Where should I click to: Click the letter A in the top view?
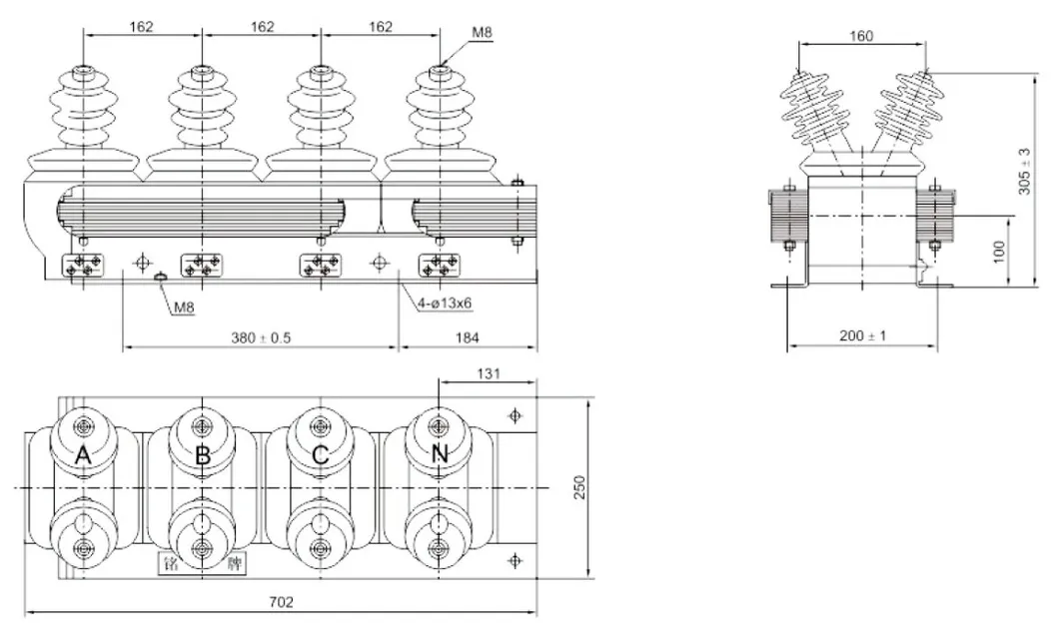tap(84, 456)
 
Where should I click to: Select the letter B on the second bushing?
tap(203, 456)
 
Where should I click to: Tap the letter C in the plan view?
tap(320, 456)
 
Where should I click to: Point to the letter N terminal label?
tap(440, 455)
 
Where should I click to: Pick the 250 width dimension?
tap(579, 486)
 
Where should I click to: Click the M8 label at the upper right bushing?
tap(482, 33)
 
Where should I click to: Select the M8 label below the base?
tap(184, 309)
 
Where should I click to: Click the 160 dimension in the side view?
tap(861, 36)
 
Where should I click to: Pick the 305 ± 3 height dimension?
tap(1023, 172)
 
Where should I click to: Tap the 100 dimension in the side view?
tap(998, 251)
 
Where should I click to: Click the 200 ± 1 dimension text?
tap(862, 336)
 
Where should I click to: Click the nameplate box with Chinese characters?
tap(203, 565)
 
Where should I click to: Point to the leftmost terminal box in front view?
tap(84, 266)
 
